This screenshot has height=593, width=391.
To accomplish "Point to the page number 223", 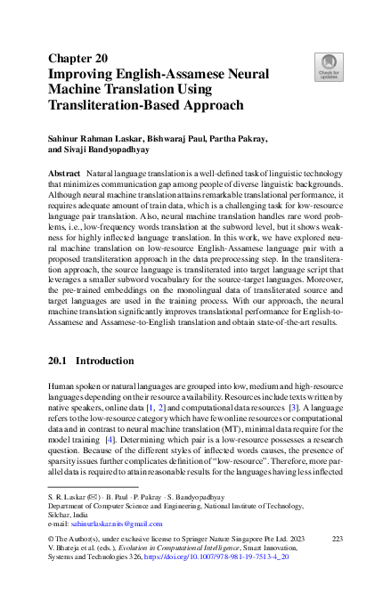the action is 337,540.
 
